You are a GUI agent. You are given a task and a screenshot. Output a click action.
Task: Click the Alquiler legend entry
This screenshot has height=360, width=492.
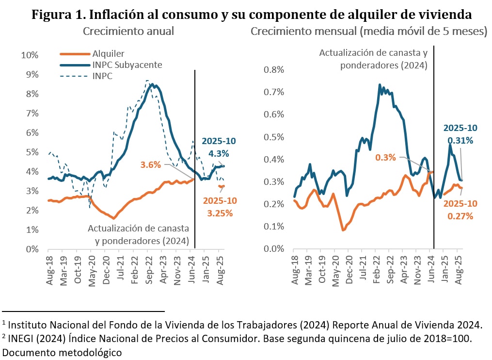point(109,53)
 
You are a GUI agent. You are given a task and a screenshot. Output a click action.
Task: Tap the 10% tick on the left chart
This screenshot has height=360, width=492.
point(30,55)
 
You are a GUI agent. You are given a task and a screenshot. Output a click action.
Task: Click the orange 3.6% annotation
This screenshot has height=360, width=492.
point(151,164)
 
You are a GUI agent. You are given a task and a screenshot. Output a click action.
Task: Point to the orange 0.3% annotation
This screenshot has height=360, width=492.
point(386,157)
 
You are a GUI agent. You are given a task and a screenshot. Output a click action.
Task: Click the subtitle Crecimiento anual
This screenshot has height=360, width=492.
point(128,32)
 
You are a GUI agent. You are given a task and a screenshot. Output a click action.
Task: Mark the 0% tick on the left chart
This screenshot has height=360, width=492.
point(32,249)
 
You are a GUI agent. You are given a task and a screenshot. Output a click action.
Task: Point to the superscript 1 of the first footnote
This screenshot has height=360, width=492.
point(4,322)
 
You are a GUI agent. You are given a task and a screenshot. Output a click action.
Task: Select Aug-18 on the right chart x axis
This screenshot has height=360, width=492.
point(294,266)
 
